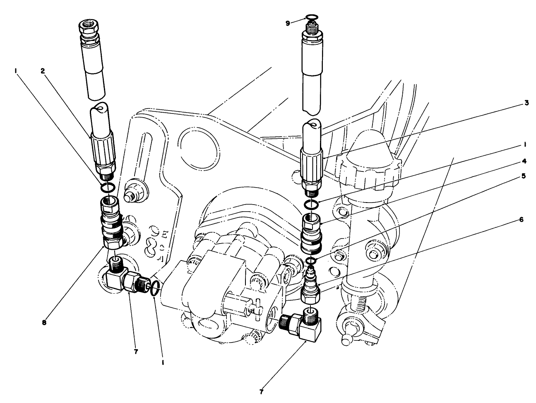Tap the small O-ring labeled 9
311,17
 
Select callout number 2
42,71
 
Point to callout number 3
526,103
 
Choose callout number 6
522,220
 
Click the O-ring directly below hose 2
107,188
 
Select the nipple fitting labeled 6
310,286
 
